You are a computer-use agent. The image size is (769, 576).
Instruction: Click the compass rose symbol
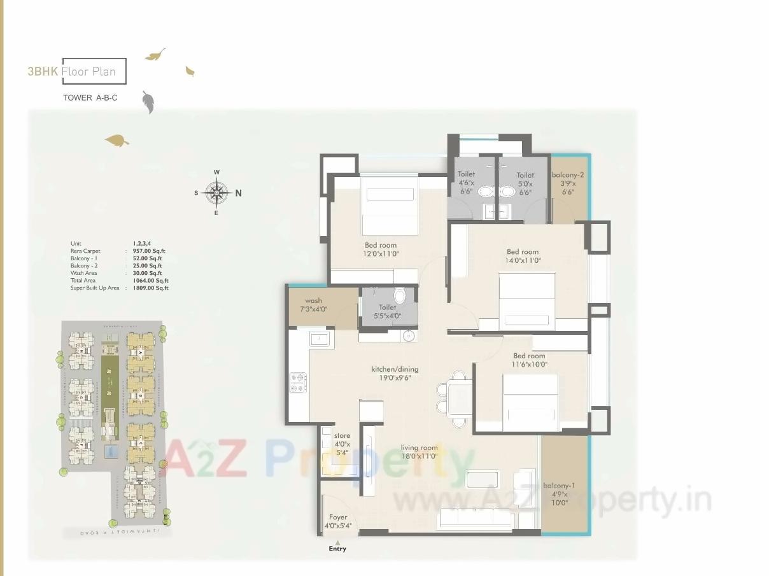217,192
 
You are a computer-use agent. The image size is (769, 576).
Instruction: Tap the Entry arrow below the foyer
337,542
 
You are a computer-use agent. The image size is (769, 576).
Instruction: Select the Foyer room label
338,517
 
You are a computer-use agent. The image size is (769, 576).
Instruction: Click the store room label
342,436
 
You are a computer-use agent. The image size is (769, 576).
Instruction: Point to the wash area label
313,301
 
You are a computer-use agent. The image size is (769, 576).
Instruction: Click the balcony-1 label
558,486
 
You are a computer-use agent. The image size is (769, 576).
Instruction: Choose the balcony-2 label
568,175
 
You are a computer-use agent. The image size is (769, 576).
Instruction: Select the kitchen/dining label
395,369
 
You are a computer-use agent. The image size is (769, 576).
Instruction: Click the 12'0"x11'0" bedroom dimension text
381,253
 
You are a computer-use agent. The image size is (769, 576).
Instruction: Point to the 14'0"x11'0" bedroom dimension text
523,260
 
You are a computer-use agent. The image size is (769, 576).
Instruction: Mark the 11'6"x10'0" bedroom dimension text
529,364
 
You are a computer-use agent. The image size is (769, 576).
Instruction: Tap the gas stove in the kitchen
298,383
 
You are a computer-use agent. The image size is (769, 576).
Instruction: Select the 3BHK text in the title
43,71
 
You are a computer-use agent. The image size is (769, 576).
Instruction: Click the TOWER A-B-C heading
90,98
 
